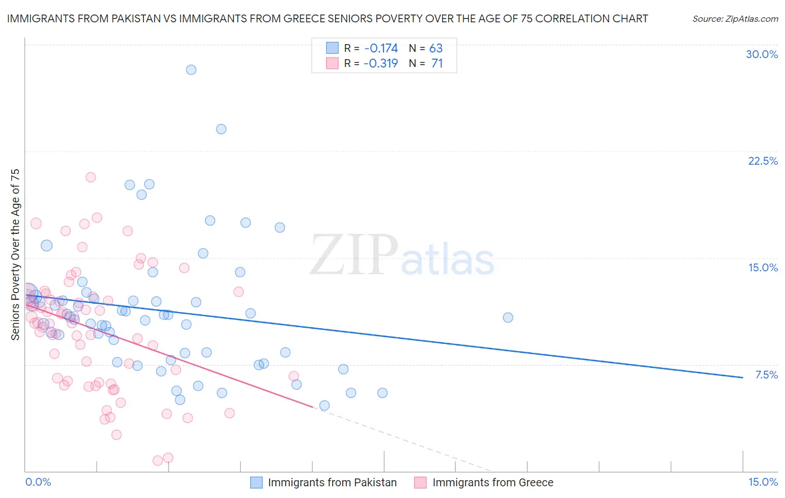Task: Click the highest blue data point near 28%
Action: (191, 70)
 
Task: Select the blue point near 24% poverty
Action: (221, 129)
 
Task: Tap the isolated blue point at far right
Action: (508, 317)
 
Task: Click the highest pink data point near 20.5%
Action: (90, 177)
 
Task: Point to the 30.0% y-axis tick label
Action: (762, 54)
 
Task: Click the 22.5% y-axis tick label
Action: (763, 161)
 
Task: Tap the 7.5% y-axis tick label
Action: (766, 375)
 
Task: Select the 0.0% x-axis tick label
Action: (38, 482)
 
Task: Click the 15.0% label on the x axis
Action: (763, 482)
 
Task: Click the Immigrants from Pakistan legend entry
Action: (332, 482)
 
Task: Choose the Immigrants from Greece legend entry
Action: (492, 482)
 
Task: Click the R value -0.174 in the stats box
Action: (380, 48)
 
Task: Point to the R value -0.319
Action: (380, 63)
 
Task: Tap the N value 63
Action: (435, 48)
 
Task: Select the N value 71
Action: (437, 63)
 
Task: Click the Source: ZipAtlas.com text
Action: (735, 18)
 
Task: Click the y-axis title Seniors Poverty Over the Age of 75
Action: (16, 254)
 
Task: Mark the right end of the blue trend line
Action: (743, 377)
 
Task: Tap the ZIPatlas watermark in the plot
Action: (402, 256)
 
